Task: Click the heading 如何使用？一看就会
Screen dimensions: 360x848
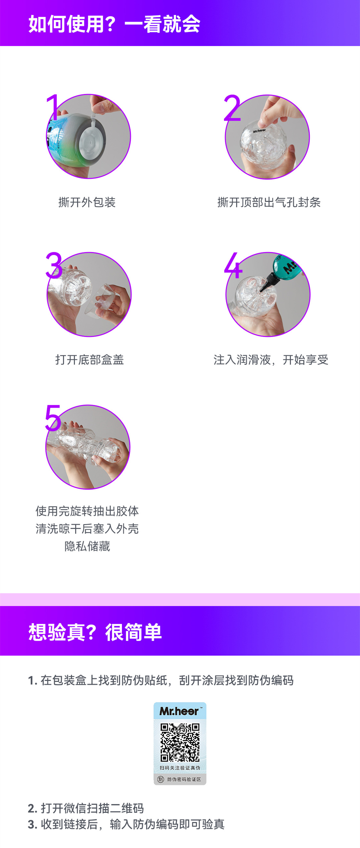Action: click(x=114, y=24)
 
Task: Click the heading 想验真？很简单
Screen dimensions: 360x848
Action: click(x=95, y=632)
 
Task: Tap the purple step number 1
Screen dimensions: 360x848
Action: click(x=53, y=107)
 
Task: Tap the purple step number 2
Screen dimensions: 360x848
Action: click(x=232, y=108)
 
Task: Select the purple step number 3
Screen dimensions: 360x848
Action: click(x=54, y=265)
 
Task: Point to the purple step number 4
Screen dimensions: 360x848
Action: click(x=233, y=265)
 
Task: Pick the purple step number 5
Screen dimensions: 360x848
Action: click(x=53, y=418)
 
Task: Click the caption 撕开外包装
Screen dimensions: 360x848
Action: click(x=87, y=202)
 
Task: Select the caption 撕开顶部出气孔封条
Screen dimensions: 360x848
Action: click(x=269, y=202)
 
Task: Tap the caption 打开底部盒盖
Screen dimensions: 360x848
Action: click(x=90, y=359)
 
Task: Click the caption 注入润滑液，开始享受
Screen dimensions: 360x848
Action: click(x=271, y=359)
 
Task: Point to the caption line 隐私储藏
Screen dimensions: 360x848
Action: click(x=87, y=546)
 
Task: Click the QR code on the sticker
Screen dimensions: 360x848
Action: click(x=180, y=742)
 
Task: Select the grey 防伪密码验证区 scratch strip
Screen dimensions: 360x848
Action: click(x=180, y=779)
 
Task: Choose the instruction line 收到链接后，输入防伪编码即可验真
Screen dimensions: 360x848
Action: click(x=126, y=824)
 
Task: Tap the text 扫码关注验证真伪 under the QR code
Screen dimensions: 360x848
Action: click(x=180, y=768)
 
